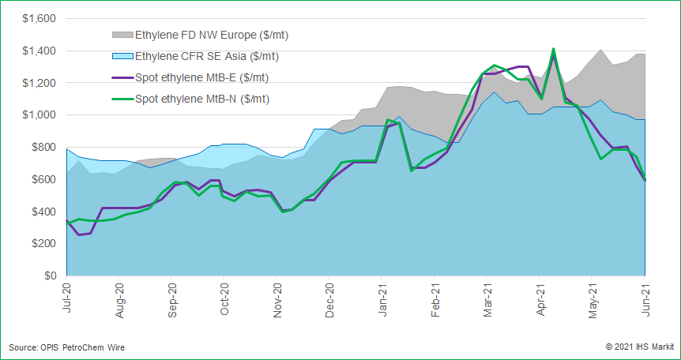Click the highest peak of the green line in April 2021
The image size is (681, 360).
tap(553, 49)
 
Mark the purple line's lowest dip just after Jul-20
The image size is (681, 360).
tap(79, 234)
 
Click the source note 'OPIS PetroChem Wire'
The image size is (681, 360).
tap(66, 347)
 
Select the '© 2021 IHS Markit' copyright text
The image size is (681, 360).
tap(638, 347)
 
